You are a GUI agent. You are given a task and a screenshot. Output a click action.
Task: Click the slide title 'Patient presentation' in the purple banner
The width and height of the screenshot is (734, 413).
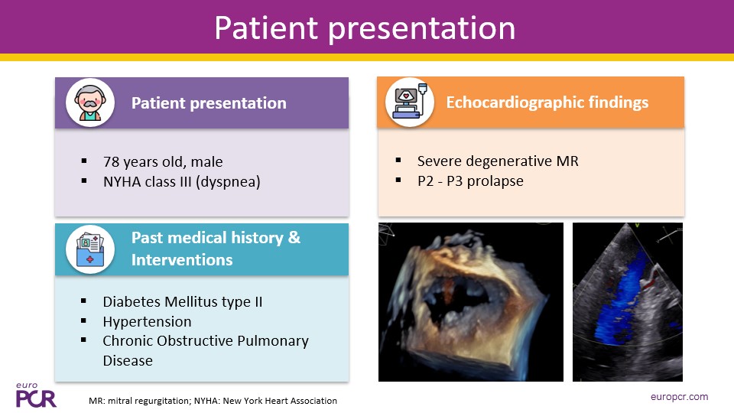(x=365, y=28)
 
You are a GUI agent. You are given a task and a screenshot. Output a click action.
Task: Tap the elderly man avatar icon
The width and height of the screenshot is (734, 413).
(x=90, y=102)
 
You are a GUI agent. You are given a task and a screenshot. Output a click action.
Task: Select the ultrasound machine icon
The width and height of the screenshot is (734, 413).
(x=410, y=102)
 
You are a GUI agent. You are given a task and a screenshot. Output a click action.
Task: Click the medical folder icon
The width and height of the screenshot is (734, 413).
(x=90, y=249)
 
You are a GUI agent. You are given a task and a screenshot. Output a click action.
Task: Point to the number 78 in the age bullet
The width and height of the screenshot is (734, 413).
(x=112, y=161)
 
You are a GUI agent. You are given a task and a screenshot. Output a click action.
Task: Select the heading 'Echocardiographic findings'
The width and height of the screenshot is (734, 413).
(x=547, y=102)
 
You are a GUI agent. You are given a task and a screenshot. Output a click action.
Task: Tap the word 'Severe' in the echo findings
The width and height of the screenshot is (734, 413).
(x=439, y=161)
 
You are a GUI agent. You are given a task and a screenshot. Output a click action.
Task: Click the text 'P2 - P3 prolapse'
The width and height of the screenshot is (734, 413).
(x=470, y=181)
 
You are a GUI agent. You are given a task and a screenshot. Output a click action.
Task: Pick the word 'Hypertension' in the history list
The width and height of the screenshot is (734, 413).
(x=147, y=322)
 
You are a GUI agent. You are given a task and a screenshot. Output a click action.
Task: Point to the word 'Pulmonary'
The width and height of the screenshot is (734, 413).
(x=273, y=341)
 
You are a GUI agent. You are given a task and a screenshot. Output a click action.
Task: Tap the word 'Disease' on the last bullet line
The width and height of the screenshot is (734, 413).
(x=128, y=360)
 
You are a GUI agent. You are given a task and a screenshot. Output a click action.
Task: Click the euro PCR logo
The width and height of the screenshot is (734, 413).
(x=36, y=395)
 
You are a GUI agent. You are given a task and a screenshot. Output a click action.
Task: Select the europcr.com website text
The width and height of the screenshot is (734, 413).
(x=679, y=397)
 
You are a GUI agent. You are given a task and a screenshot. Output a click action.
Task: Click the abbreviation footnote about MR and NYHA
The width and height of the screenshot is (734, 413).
(x=213, y=401)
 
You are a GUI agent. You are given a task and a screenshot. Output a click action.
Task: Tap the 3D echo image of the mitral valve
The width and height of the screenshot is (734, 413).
(x=470, y=302)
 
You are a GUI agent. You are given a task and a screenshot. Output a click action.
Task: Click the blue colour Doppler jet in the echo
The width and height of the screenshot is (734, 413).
(x=619, y=300)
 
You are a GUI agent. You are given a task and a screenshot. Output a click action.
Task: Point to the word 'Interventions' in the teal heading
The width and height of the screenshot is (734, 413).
(x=182, y=260)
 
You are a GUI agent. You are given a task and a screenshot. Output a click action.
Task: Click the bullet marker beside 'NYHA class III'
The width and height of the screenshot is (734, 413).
(x=84, y=180)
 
